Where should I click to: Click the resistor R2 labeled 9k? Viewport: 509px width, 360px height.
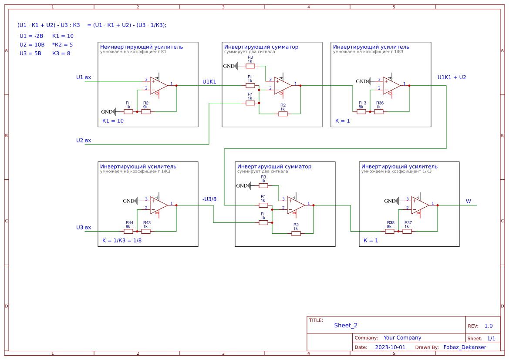[x=146, y=112]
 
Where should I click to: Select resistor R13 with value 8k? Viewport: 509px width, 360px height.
[x=361, y=112]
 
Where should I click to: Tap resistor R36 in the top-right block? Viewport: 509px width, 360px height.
[x=379, y=112]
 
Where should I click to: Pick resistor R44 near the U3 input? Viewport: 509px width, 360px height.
[x=128, y=232]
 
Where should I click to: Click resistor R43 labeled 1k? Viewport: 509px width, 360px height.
[x=146, y=232]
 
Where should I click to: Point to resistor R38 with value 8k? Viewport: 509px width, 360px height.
[x=390, y=232]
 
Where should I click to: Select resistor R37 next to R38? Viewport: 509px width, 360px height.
[x=407, y=232]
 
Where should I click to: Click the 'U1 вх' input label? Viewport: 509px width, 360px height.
[x=84, y=77]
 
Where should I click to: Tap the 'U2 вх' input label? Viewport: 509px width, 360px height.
[x=84, y=141]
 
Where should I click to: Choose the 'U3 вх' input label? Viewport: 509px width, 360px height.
[x=84, y=228]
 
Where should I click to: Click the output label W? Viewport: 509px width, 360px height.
[x=469, y=201]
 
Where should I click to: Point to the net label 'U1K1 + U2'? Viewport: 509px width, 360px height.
[x=452, y=77]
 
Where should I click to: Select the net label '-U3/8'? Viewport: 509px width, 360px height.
[x=209, y=199]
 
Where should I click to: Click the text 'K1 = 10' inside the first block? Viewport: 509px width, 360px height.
[x=113, y=121]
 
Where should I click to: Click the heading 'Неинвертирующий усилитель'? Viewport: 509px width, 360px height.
[x=142, y=47]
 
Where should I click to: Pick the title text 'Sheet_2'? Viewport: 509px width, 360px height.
[x=346, y=326]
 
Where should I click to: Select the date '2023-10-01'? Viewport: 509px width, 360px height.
[x=390, y=347]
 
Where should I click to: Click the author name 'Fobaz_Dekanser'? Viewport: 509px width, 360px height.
[x=465, y=347]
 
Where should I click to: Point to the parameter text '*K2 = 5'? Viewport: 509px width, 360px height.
[x=62, y=45]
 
